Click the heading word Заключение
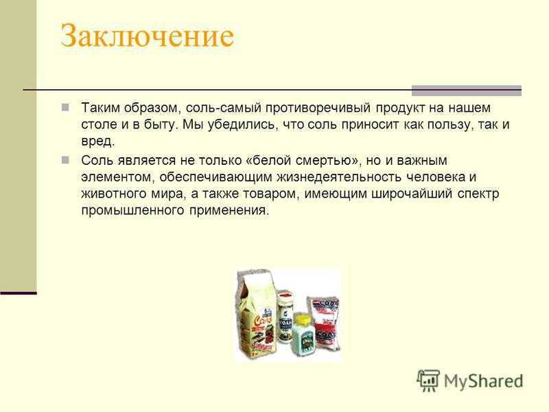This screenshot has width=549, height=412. pyautogui.click(x=147, y=36)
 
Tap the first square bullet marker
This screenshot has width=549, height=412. pyautogui.click(x=65, y=107)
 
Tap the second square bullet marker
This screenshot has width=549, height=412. pyautogui.click(x=65, y=160)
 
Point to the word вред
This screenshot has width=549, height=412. pyautogui.click(x=97, y=141)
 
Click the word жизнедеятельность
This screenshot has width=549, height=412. pyautogui.click(x=339, y=177)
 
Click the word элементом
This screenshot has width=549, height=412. pyautogui.click(x=118, y=178)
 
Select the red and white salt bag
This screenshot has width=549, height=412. pyautogui.click(x=324, y=322)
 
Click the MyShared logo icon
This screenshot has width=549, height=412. pyautogui.click(x=428, y=380)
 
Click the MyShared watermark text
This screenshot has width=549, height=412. pyautogui.click(x=484, y=381)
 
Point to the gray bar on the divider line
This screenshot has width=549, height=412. pyautogui.click(x=467, y=91)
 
